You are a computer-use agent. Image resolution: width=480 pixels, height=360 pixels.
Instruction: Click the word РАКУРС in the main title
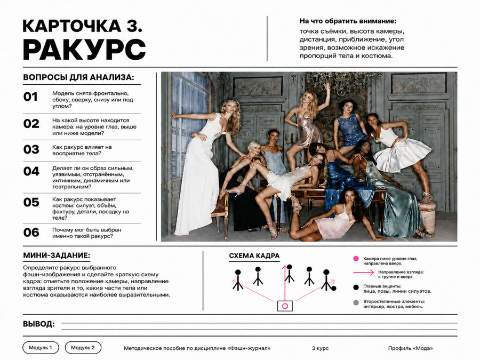[x=84, y=49]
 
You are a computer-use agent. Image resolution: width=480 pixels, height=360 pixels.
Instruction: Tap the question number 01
[x=30, y=97]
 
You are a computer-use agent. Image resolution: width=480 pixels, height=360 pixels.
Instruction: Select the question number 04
[x=31, y=171]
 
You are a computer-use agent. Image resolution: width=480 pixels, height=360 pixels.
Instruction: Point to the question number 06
[x=31, y=233]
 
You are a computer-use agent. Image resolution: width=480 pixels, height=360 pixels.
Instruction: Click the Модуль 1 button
[x=41, y=347]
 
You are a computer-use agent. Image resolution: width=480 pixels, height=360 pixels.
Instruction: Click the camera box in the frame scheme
[x=285, y=306]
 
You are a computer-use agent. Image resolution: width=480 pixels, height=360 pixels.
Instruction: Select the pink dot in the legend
[x=356, y=259]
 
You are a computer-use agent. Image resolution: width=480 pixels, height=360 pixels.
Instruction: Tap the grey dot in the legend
[x=356, y=303]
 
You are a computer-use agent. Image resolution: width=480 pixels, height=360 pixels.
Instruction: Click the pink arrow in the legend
[x=364, y=272]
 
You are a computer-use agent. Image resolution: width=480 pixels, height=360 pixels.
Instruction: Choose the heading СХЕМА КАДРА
[x=254, y=256]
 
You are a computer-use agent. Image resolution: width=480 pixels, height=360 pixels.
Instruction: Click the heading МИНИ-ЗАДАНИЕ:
[x=57, y=255]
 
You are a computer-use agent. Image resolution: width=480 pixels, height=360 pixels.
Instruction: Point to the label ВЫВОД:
[x=39, y=324]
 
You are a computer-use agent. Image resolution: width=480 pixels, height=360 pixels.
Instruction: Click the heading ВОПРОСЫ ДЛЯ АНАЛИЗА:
[x=79, y=77]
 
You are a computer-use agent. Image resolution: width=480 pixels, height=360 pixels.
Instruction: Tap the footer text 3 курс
[x=320, y=348]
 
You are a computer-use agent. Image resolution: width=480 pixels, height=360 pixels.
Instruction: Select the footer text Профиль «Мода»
[x=411, y=348]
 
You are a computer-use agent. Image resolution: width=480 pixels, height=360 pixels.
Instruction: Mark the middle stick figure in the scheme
[x=289, y=274]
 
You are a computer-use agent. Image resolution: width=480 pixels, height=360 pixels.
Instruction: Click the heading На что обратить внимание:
[x=348, y=21]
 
